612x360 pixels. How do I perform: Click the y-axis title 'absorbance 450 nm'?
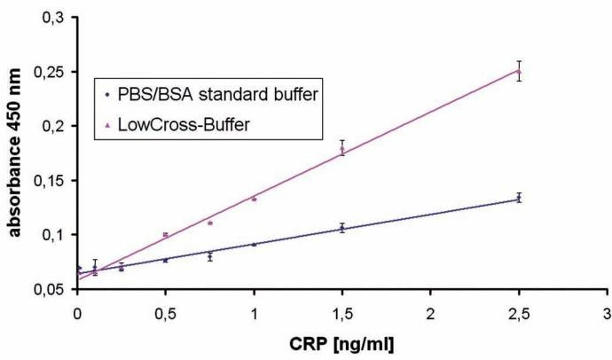tap(16, 153)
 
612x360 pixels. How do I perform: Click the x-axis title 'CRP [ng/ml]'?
tap(341, 342)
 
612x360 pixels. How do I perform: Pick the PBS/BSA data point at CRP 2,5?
tap(519, 198)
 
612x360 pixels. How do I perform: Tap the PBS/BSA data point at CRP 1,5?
tap(342, 228)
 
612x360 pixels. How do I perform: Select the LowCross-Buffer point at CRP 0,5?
tap(166, 234)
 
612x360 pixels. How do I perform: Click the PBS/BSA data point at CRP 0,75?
tap(210, 256)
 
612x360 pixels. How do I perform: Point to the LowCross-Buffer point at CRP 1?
tap(255, 199)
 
